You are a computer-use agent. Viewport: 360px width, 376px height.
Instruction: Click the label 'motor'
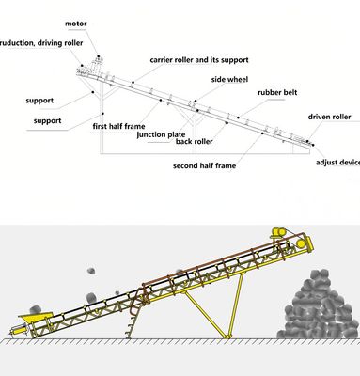point(77,22)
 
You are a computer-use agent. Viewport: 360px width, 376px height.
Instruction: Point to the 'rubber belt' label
point(278,92)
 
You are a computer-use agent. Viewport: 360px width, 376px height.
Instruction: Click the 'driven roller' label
point(329,117)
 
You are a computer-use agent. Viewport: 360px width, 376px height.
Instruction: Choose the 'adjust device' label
point(337,163)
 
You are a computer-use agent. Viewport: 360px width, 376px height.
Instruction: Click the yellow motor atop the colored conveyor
point(278,232)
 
